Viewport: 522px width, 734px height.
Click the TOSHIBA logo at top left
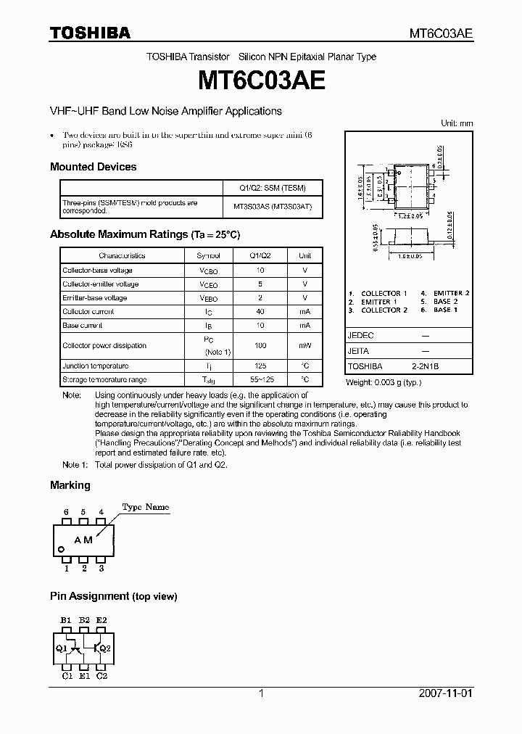(x=90, y=33)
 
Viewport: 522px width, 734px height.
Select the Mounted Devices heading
(x=93, y=167)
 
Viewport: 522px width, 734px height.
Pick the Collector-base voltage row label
(x=97, y=270)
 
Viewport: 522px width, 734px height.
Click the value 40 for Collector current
(x=260, y=311)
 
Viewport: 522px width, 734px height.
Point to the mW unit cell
(x=304, y=346)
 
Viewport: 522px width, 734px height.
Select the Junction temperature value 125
(x=260, y=366)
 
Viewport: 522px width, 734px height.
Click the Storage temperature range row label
(x=104, y=379)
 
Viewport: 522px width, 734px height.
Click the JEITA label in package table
(x=358, y=351)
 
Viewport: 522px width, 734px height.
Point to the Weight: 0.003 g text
(x=382, y=382)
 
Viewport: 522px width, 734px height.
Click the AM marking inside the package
(x=83, y=540)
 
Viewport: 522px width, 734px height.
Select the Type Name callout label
(x=145, y=507)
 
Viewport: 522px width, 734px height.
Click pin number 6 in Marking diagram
(x=67, y=512)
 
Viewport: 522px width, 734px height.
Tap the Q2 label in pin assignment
(x=104, y=648)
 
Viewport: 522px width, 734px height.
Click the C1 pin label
(x=67, y=675)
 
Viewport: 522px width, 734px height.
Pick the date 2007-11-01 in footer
(x=445, y=693)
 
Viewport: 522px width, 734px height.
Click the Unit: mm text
(x=457, y=123)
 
